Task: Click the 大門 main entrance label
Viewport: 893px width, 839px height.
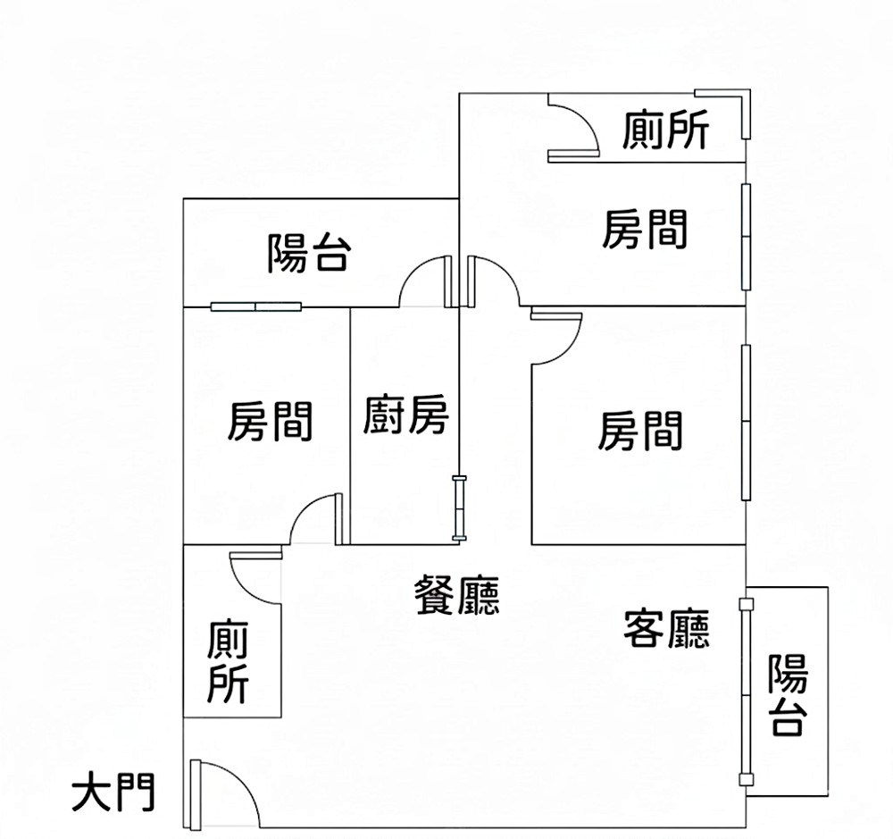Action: (113, 792)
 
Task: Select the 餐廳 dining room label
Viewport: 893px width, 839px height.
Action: (456, 594)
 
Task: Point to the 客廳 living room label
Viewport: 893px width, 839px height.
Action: (666, 628)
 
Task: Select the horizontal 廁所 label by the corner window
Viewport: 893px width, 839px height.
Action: (666, 130)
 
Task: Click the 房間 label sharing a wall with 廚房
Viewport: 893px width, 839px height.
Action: (270, 421)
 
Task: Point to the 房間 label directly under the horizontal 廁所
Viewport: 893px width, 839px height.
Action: (645, 230)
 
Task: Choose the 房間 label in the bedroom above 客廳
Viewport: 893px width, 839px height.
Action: (640, 431)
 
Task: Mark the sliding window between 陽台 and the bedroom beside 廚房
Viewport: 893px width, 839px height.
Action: (256, 306)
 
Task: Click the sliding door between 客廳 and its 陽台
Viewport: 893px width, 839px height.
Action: (744, 692)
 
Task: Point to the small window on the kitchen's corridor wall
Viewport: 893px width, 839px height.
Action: (459, 508)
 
